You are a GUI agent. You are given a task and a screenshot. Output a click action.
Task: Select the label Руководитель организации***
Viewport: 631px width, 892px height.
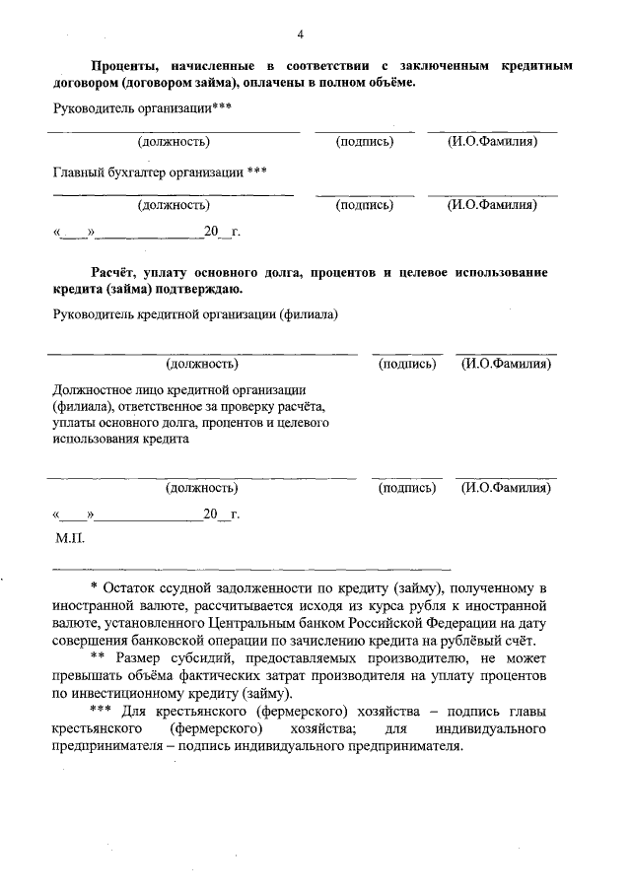pyautogui.click(x=142, y=107)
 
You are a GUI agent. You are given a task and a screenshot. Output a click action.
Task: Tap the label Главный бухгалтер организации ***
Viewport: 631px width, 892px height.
pyautogui.click(x=160, y=172)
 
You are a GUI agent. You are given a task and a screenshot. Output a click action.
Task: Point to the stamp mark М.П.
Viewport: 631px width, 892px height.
pyautogui.click(x=71, y=539)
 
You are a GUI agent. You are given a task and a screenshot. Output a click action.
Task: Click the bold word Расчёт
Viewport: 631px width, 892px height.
pyautogui.click(x=117, y=271)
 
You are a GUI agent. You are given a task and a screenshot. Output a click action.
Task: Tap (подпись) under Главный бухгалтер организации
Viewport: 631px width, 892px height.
pyautogui.click(x=365, y=205)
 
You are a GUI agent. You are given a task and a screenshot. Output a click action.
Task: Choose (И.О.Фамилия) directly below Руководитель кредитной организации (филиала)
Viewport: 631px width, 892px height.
pyautogui.click(x=506, y=365)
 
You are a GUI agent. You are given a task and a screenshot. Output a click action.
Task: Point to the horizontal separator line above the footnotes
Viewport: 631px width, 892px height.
pyautogui.click(x=250, y=569)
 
